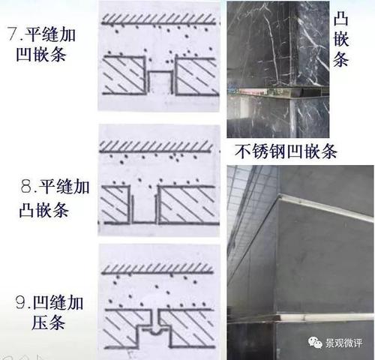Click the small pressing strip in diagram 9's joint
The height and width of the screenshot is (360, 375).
pyautogui.click(x=158, y=328)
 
